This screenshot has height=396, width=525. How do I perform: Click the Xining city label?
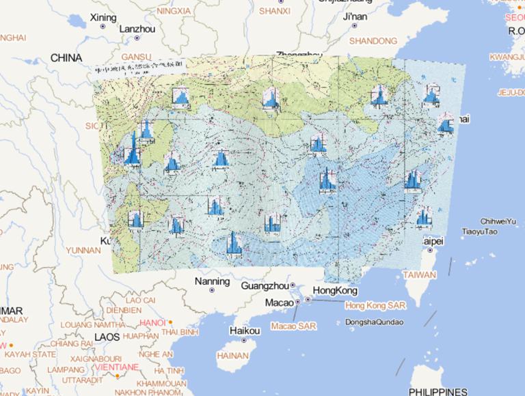tap(103, 17)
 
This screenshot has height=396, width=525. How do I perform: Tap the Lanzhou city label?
tap(137, 29)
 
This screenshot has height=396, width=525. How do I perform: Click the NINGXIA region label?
tap(174, 11)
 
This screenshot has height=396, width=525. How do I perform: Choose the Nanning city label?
tap(212, 281)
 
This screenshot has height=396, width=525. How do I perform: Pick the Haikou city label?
tap(245, 331)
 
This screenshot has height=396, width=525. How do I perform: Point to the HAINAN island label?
tap(232, 356)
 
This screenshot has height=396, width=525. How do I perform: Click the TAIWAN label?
tap(419, 275)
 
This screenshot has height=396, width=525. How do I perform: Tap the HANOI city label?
tap(152, 322)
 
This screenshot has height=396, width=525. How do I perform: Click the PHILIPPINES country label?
tap(438, 391)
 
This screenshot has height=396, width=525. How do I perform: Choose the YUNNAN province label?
tap(83, 251)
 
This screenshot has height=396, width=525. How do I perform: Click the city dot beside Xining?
tap(103, 26)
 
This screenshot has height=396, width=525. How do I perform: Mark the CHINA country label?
tap(66, 58)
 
